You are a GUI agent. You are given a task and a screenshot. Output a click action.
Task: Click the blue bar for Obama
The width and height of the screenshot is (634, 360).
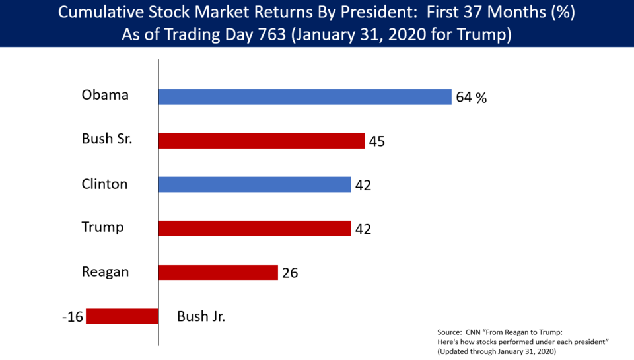coord(305,97)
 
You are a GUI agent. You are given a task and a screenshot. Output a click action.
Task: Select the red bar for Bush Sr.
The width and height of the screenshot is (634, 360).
coord(262,141)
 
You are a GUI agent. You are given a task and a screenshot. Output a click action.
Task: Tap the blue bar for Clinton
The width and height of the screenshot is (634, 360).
coord(254,184)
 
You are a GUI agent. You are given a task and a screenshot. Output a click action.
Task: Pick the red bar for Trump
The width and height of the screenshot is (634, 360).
coord(254,228)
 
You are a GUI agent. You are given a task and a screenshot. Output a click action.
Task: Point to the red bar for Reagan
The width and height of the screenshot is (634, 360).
coord(218,272)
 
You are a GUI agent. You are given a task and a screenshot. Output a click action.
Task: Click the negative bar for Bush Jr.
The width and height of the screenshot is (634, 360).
coord(122,316)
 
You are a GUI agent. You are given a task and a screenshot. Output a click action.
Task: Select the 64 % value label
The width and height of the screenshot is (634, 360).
coord(471,98)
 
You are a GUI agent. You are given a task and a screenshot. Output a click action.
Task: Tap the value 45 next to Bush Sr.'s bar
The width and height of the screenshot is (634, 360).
coord(377,141)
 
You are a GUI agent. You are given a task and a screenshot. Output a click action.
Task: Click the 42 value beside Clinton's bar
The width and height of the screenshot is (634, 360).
coord(363,186)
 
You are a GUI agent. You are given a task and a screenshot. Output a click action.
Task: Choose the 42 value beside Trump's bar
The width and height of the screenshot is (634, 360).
coord(363,229)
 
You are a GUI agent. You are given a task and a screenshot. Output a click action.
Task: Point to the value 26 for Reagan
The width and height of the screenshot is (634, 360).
coord(290,273)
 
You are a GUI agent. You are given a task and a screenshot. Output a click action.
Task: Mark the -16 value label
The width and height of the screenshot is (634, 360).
coord(72,317)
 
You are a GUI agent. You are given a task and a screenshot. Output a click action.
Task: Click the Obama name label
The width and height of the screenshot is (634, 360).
coord(105,95)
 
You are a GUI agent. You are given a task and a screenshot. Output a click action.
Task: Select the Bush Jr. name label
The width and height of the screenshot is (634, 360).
coord(201,316)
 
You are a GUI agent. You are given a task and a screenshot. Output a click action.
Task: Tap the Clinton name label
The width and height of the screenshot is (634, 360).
coord(105,184)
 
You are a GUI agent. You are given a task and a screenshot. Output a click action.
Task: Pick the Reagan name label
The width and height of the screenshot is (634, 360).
coord(105,271)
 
